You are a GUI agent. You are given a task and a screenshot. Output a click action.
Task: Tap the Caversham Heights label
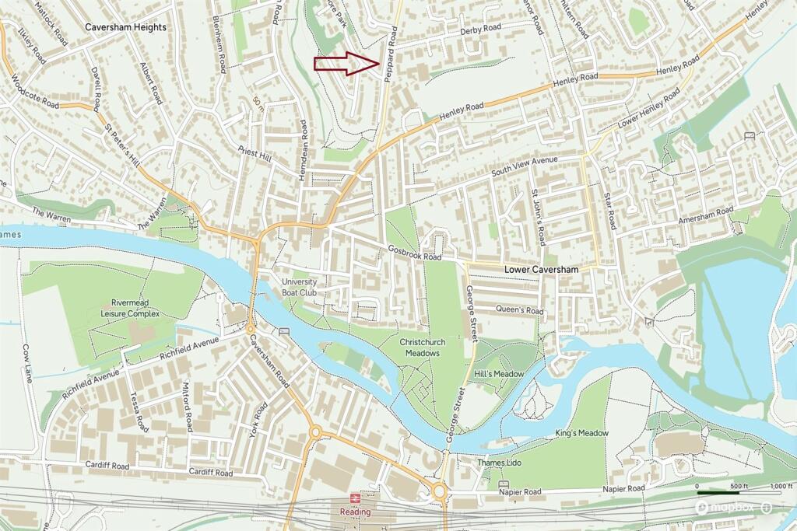point(125,27)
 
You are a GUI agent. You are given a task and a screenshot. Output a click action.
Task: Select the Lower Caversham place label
point(542,270)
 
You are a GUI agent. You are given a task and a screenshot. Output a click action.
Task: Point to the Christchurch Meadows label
point(420,348)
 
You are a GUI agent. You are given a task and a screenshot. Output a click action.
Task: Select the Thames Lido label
point(499,463)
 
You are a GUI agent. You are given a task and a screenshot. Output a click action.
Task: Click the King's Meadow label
point(581,433)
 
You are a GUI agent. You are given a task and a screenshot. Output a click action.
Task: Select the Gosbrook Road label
point(415,253)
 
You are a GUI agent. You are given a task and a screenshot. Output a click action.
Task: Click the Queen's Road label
point(519,309)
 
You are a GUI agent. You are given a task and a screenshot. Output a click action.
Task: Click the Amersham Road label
point(705,215)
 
